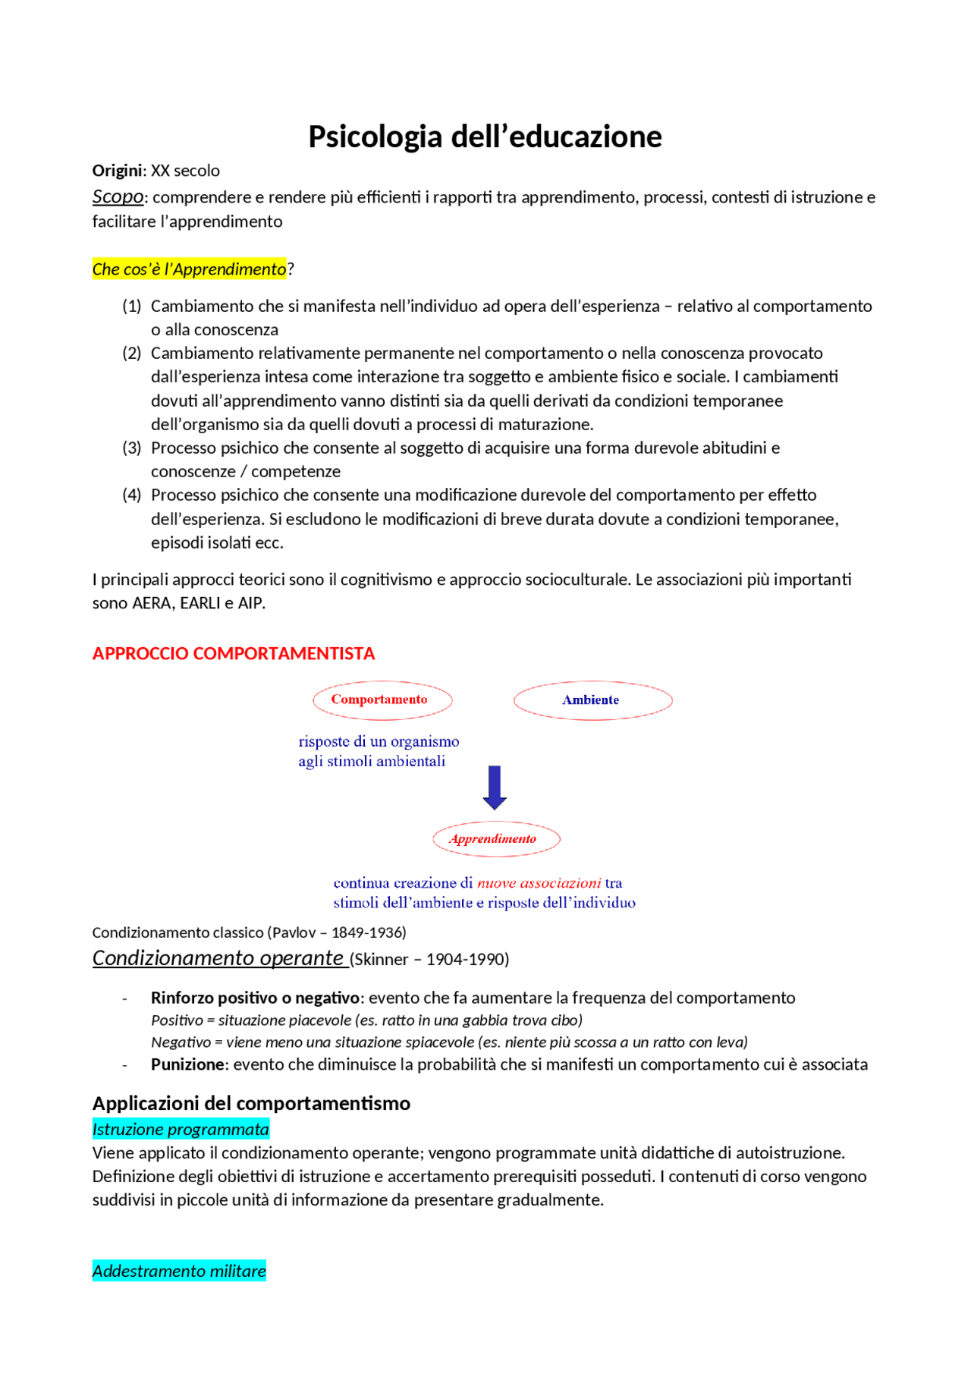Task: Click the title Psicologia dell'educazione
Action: pos(485,137)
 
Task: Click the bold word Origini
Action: pos(117,171)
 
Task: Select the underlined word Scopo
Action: pos(118,197)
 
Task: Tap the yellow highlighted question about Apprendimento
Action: pos(189,269)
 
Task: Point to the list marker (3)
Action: pos(132,448)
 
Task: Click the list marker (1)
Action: pos(132,306)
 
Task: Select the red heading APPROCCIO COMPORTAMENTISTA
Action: pos(234,653)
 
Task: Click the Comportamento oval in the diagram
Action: pos(382,700)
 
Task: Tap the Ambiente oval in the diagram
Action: pos(592,700)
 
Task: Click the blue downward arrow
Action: pos(495,788)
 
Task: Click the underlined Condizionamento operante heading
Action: pos(218,957)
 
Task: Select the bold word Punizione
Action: pos(188,1064)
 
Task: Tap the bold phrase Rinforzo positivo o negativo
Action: pos(254,997)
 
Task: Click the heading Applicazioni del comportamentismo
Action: pos(251,1102)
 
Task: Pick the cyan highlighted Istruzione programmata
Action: pos(181,1129)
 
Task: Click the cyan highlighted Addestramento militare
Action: pos(179,1270)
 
